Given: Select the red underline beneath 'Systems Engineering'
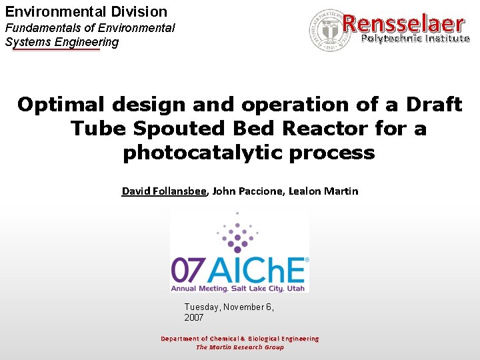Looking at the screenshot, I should click(56, 49).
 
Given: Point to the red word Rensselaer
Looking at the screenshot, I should click(403, 23).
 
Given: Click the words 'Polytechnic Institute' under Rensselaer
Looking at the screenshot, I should click(415, 39).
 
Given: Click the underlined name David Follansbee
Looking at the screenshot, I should click(164, 191).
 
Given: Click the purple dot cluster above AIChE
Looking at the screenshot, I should click(237, 233).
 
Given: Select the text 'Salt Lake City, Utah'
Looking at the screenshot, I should click(273, 288).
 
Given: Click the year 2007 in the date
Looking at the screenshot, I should click(194, 318).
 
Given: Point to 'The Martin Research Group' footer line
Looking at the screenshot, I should click(239, 347).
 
